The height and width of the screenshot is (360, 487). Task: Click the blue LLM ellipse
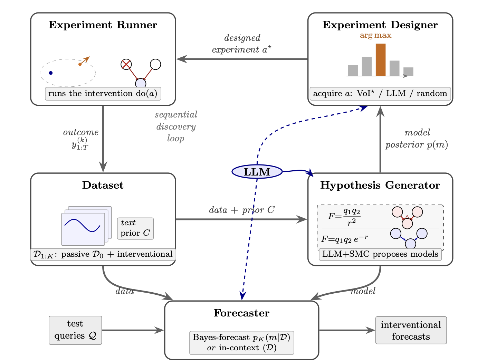[x=257, y=172]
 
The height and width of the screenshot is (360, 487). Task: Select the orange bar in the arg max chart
[x=381, y=60]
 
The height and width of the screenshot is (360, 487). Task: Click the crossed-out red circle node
[x=126, y=64]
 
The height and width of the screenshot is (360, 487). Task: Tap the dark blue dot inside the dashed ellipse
[x=51, y=73]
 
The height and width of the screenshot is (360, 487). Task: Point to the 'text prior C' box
[x=135, y=228]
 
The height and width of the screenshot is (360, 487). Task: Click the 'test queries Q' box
[x=75, y=330]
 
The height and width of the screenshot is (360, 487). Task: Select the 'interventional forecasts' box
[x=411, y=330]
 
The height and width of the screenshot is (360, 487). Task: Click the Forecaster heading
[x=241, y=313]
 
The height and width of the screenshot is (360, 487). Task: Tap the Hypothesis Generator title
[x=380, y=185]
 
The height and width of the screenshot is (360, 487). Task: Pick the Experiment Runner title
[x=103, y=25]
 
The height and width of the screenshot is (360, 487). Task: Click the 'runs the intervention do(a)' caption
[x=103, y=94]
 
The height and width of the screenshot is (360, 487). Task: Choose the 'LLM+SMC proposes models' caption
[x=380, y=254]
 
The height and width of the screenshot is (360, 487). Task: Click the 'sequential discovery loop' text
[x=176, y=126]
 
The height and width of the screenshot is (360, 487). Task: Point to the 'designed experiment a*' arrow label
[x=242, y=44]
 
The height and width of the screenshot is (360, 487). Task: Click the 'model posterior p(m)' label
[x=417, y=139]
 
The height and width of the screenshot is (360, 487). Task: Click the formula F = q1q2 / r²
[x=344, y=217]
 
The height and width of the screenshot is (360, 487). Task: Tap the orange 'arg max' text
[x=375, y=35]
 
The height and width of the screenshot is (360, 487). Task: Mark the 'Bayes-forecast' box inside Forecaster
[x=241, y=343]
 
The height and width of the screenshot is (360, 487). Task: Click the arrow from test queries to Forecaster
[x=133, y=330]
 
